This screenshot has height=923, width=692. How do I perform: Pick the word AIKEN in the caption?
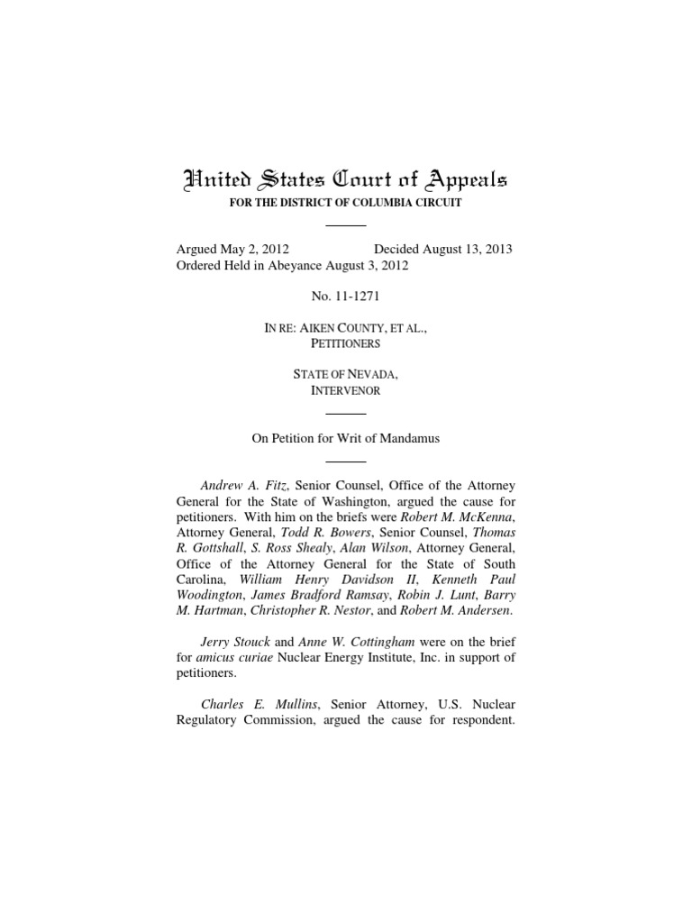[314, 329]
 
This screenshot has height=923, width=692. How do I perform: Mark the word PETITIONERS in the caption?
[345, 343]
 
